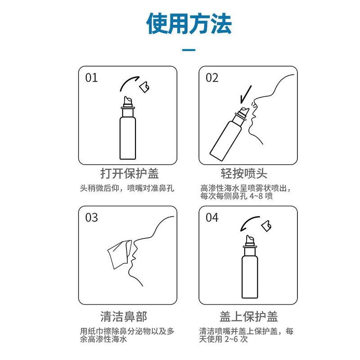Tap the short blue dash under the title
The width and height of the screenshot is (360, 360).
[189, 50]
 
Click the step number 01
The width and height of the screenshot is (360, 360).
[91, 78]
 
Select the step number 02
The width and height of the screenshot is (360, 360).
[212, 78]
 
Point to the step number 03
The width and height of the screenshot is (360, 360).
[91, 218]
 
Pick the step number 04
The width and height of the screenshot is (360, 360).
[212, 218]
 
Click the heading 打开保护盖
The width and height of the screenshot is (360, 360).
[129, 173]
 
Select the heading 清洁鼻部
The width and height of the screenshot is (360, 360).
[129, 315]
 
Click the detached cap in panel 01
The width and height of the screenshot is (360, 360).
[144, 87]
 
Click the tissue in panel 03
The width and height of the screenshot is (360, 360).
[118, 253]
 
